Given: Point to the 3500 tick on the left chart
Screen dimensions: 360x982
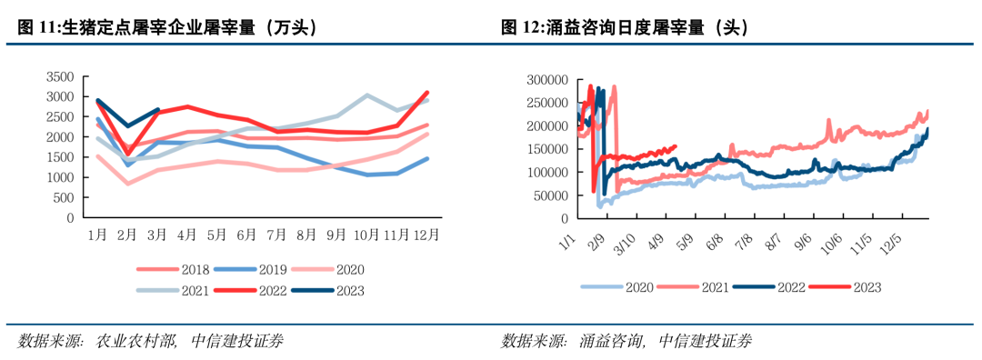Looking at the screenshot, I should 62,76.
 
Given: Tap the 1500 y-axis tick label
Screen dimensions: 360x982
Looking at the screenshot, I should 62,157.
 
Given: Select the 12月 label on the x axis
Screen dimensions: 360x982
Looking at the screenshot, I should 426,235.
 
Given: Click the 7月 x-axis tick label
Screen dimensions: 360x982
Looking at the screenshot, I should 276,235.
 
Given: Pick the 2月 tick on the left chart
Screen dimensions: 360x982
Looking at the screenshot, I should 127,235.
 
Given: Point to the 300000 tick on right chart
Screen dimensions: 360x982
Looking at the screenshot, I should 546,80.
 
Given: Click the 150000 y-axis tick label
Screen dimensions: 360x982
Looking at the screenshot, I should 546,149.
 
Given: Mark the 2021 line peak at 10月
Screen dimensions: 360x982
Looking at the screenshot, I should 366,95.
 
